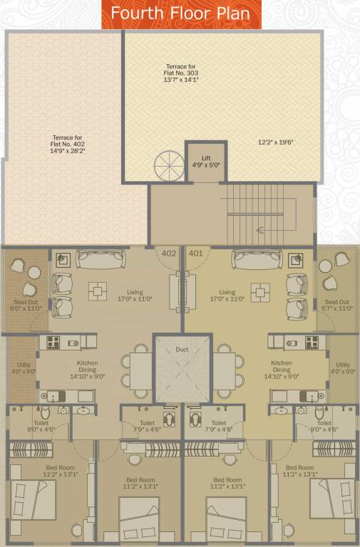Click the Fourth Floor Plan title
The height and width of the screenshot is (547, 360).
[x=180, y=14]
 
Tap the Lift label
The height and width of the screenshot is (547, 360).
[x=206, y=161]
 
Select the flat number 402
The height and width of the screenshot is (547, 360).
[x=169, y=253]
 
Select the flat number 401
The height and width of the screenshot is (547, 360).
[x=195, y=253]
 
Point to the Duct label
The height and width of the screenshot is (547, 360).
[x=182, y=350]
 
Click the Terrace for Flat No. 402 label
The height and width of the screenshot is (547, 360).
[x=68, y=145]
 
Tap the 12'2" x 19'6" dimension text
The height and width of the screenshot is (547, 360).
[x=276, y=142]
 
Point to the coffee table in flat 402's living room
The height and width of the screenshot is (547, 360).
[x=96, y=290]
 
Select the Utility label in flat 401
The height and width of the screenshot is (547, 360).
[x=343, y=368]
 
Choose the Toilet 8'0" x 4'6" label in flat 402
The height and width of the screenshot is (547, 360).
[x=41, y=426]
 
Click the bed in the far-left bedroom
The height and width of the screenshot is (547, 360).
[x=34, y=499]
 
